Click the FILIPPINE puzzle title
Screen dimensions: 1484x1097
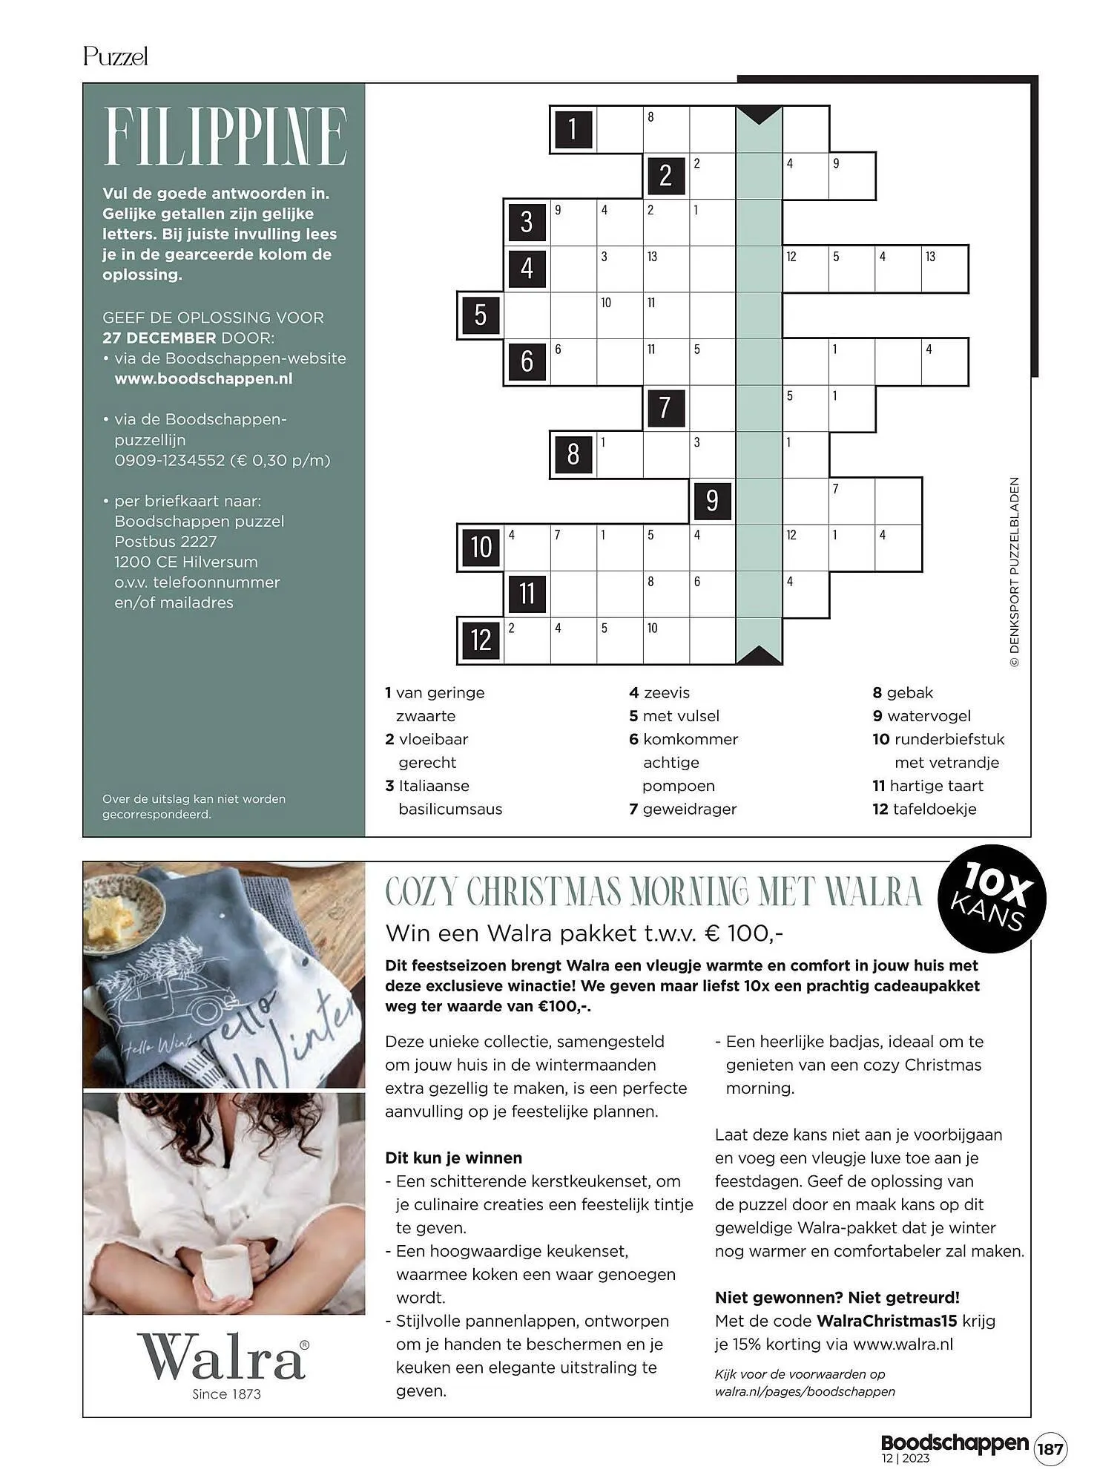[225, 137]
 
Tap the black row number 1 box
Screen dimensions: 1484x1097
[573, 129]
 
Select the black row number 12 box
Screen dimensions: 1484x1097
[481, 640]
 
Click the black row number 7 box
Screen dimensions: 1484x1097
[665, 407]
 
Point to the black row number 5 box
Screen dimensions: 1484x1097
[480, 315]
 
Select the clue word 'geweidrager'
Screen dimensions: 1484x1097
[689, 809]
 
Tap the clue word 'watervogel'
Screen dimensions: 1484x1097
[929, 716]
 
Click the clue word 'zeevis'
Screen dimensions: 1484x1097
[666, 692]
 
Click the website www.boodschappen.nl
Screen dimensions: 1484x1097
[203, 378]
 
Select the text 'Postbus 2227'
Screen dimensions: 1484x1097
[165, 542]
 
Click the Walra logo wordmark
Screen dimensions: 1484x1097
[221, 1357]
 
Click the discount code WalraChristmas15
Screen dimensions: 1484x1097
[886, 1321]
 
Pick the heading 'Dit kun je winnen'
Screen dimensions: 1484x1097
[453, 1158]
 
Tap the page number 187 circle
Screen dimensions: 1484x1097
[1050, 1448]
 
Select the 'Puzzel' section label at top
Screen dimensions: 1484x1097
[116, 56]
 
